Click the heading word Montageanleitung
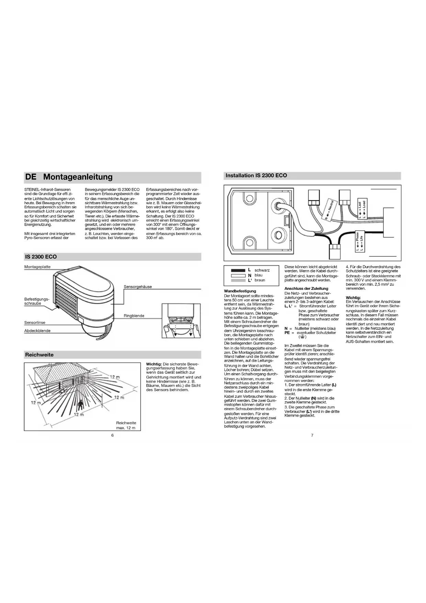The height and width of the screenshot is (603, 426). pyautogui.click(x=78, y=177)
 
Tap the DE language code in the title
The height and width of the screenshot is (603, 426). pyautogui.click(x=31, y=177)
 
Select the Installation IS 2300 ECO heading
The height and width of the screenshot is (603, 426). pyautogui.click(x=256, y=175)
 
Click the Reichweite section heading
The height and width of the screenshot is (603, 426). pyautogui.click(x=39, y=355)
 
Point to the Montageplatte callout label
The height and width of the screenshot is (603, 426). pyautogui.click(x=37, y=267)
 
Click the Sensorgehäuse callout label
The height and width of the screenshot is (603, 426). pyautogui.click(x=138, y=287)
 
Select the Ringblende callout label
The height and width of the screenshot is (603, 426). pyautogui.click(x=134, y=316)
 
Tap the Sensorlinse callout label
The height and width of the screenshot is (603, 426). pyautogui.click(x=35, y=322)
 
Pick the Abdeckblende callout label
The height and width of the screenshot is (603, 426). pyautogui.click(x=37, y=331)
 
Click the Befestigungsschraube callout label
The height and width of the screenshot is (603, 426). pyautogui.click(x=36, y=301)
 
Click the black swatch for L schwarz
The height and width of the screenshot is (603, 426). pyautogui.click(x=238, y=270)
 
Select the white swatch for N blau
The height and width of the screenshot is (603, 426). pyautogui.click(x=238, y=275)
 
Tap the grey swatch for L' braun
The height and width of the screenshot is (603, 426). pyautogui.click(x=238, y=280)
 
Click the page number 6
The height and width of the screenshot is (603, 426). pyautogui.click(x=112, y=435)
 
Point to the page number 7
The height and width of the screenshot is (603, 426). pyautogui.click(x=312, y=435)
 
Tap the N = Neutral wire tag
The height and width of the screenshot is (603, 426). pyautogui.click(x=329, y=210)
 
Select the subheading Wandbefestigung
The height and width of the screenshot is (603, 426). pyautogui.click(x=240, y=291)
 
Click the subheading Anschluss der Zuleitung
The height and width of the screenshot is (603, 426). pyautogui.click(x=306, y=288)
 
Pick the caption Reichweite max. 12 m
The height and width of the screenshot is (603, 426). pyautogui.click(x=126, y=426)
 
